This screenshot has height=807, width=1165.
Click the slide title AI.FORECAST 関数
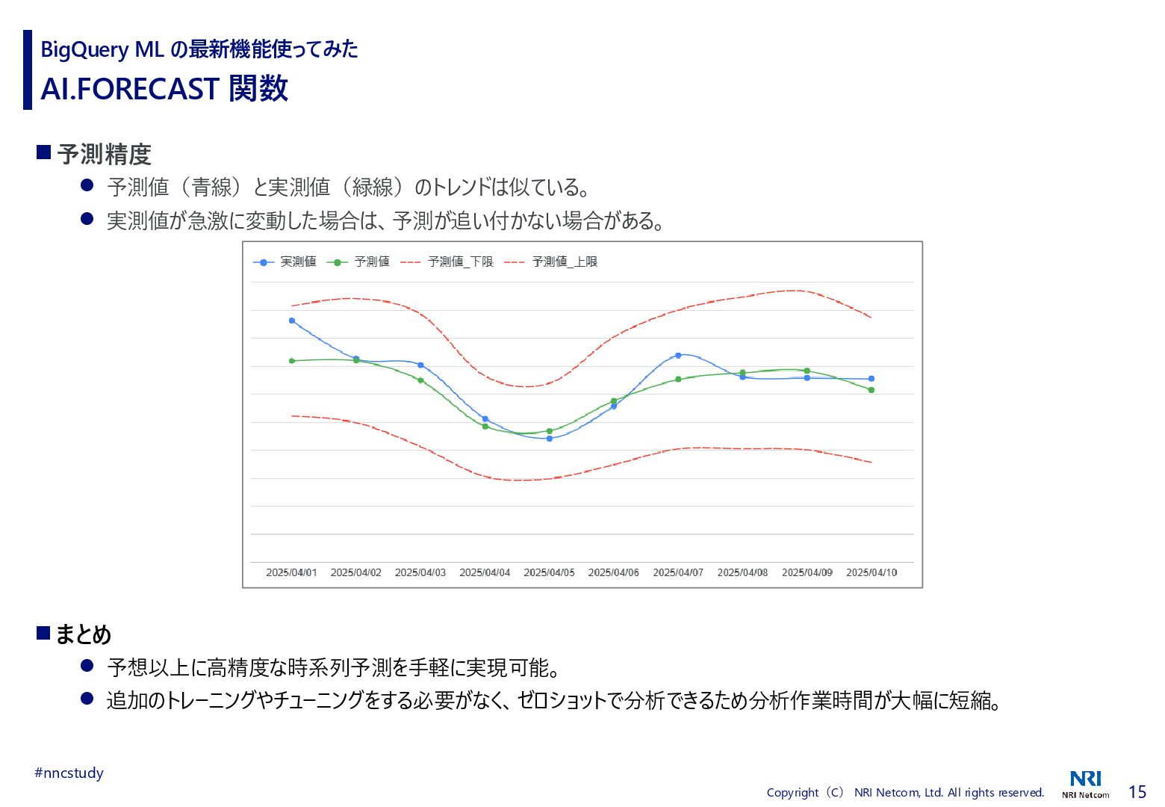point(164,89)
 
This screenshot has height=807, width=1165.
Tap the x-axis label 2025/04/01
point(291,572)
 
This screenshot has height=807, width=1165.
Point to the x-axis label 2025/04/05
point(549,572)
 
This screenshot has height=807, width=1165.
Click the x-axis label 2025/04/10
point(871,572)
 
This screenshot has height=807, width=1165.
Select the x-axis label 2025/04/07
point(678,572)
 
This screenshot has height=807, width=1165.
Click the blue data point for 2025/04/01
point(292,321)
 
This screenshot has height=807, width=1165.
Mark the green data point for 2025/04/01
point(292,361)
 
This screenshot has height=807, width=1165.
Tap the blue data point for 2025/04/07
point(678,355)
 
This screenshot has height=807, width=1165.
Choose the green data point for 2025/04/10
point(872,390)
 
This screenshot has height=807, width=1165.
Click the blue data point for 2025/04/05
point(550,439)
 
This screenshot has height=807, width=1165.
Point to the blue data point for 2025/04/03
point(420,365)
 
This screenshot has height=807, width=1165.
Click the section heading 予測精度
point(105,155)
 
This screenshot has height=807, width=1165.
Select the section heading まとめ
point(83,634)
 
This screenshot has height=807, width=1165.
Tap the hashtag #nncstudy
point(69,773)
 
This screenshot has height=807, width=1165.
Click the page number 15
point(1137,792)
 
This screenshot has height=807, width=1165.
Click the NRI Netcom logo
point(1085,784)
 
